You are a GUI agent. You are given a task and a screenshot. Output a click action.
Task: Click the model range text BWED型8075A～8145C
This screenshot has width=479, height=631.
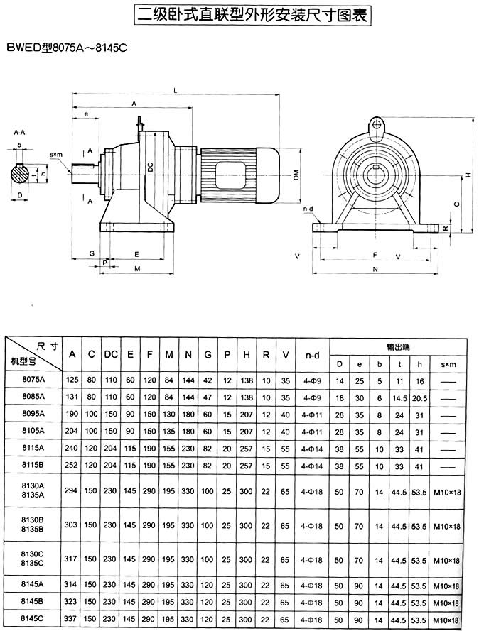coord(62,48)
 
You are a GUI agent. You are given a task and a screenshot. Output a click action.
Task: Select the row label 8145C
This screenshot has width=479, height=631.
coord(33,619)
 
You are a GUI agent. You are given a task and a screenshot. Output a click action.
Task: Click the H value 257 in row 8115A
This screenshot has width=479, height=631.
coord(246,449)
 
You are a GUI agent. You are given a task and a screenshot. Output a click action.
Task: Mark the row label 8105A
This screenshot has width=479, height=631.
coord(33,431)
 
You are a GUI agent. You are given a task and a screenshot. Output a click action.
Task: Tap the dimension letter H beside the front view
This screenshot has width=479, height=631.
coord(468,175)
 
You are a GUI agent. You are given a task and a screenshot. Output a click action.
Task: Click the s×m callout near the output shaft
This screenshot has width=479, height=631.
coord(56,155)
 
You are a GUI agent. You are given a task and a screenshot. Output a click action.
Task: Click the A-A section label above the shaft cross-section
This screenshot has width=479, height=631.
coord(19,132)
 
